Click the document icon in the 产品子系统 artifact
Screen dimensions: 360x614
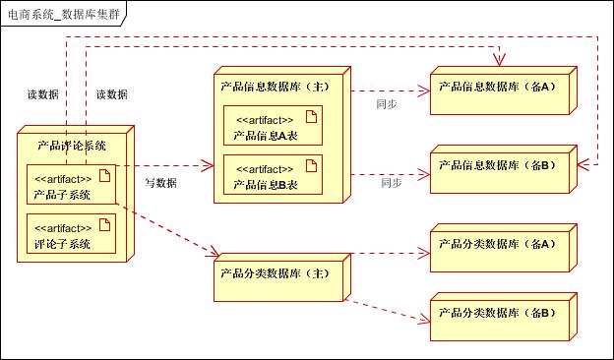coord(103,177)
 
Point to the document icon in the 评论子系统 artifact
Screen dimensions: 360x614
coord(103,225)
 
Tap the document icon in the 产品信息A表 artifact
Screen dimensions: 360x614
coord(310,117)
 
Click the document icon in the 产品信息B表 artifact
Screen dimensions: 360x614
coord(310,165)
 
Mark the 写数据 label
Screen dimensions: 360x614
coord(160,183)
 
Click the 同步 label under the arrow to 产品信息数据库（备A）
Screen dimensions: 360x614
coord(387,103)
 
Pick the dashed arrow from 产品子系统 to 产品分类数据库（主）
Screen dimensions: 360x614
coord(166,230)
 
